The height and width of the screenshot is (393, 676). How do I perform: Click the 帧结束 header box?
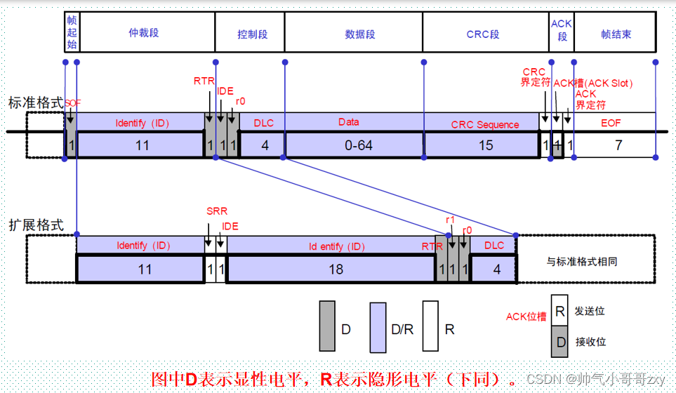pos(616,34)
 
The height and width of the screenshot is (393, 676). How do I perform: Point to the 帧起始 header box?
pos(72,34)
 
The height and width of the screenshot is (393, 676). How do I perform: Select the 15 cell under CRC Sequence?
pos(485,145)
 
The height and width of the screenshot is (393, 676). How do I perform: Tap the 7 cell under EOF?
pos(618,145)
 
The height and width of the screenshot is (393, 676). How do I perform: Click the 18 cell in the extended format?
pos(329,269)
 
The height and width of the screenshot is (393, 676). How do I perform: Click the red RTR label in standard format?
pos(204,81)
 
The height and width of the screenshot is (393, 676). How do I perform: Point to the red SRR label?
pos(216,211)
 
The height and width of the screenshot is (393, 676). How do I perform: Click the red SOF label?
pos(72,103)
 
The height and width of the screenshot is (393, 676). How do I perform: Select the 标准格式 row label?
pos(35,103)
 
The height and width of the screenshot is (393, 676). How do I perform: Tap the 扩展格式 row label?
pos(35,225)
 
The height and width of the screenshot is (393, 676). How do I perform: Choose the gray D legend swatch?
pos(327,326)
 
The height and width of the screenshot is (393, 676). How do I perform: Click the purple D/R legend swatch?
pos(378,326)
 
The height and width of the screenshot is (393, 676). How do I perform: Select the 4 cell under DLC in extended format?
pos(497,269)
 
